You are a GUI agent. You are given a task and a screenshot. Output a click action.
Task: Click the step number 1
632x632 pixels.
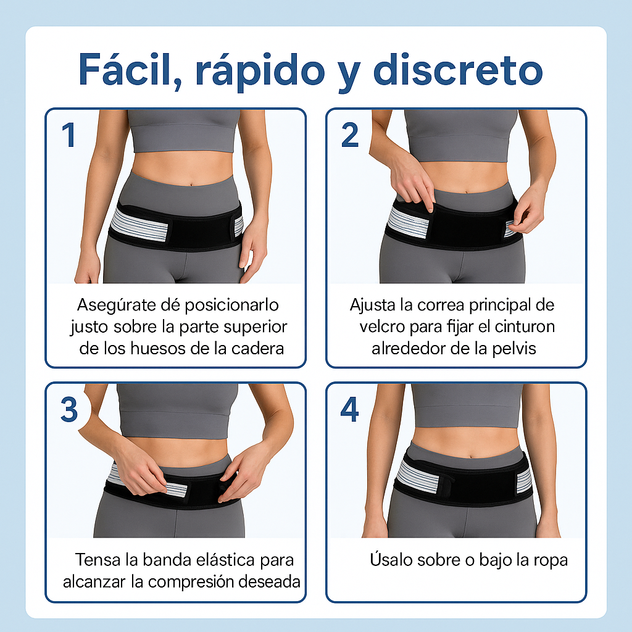(69, 135)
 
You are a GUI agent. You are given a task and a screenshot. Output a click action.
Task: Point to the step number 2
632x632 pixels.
(349, 135)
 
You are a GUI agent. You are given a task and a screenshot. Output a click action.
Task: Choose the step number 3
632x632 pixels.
(69, 410)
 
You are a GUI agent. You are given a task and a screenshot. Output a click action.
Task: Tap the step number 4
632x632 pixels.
(349, 410)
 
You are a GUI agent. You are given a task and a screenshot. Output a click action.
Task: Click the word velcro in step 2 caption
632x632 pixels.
(382, 327)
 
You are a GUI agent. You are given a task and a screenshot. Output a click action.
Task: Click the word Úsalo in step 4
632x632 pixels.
(391, 559)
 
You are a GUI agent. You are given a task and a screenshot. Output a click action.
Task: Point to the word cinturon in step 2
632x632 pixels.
(525, 327)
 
